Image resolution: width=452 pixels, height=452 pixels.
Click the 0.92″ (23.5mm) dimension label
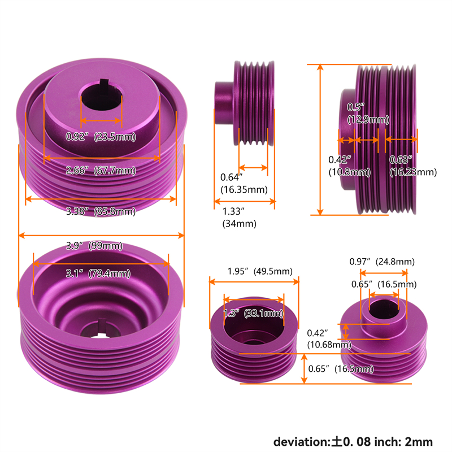[101, 136]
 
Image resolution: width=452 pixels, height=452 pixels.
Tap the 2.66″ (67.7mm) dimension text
[101, 171]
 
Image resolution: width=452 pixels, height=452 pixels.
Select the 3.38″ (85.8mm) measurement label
[101, 211]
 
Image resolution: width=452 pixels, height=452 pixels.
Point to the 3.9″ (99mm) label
[94, 246]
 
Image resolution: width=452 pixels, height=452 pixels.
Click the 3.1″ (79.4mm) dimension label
[98, 273]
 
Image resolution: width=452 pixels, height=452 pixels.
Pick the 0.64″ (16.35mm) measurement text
[244, 183]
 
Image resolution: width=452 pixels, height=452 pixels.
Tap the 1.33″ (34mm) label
[239, 218]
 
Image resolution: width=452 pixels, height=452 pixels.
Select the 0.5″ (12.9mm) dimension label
[368, 114]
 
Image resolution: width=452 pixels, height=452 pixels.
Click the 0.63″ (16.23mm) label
[413, 166]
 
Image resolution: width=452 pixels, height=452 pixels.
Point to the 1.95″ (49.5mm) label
[260, 271]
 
